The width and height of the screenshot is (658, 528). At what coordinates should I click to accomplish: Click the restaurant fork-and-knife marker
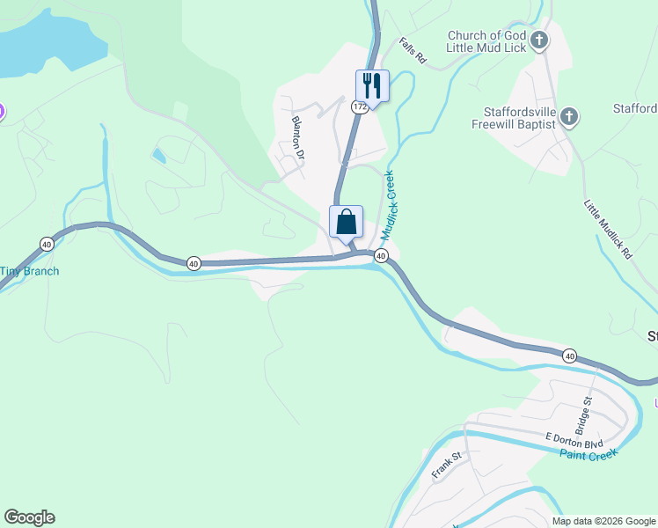[372, 86]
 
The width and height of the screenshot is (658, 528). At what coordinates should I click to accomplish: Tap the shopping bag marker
[346, 222]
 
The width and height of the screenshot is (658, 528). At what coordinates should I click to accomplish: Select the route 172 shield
[359, 106]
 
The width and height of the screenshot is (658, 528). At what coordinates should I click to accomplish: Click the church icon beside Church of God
[540, 40]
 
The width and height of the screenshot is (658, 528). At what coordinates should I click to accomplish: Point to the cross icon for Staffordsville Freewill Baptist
[569, 116]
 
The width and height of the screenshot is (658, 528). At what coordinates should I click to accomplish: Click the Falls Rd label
[412, 50]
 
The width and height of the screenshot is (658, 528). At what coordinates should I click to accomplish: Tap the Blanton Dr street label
[298, 138]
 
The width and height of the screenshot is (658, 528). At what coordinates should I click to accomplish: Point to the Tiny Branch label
[29, 271]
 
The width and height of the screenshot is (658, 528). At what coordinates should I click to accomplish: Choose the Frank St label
[446, 466]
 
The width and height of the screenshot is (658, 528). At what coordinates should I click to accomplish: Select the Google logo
[29, 517]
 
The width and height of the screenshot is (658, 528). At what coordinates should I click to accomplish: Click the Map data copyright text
[603, 521]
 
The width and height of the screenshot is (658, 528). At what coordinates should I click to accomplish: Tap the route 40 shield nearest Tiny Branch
[47, 244]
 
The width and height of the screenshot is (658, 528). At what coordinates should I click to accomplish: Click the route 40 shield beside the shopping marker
[381, 255]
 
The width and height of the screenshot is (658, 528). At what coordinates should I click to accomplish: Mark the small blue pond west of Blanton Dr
[158, 157]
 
